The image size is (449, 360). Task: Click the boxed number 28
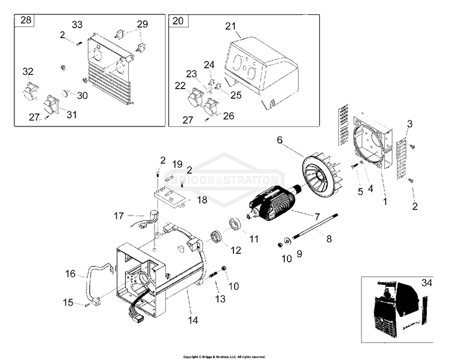coord(26,21)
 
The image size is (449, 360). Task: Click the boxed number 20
coord(178,21)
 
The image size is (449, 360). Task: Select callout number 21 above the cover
coord(230,26)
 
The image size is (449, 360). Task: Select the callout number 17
coord(119,214)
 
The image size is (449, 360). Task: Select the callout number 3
coord(409,124)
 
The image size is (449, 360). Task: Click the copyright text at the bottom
coord(224,356)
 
